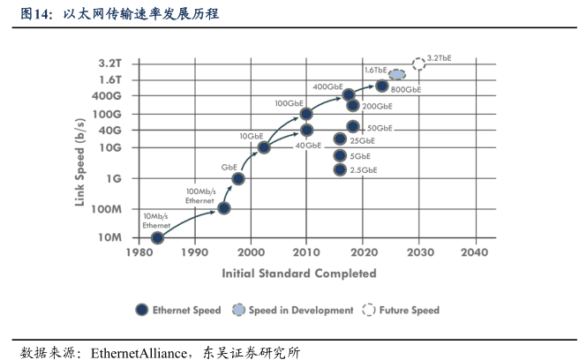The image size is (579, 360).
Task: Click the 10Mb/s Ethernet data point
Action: click(157, 237)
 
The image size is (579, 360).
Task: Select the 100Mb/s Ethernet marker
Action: click(224, 208)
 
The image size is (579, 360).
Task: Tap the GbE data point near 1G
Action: click(238, 178)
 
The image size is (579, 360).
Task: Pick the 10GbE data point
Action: click(263, 147)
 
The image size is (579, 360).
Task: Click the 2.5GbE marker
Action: click(340, 169)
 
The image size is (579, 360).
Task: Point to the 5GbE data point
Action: click(340, 155)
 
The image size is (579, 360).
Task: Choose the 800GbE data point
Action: click(381, 86)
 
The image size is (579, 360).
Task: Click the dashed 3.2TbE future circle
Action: click(418, 64)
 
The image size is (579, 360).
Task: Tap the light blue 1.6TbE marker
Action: click(397, 74)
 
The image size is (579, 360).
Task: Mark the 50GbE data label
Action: click(380, 128)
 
